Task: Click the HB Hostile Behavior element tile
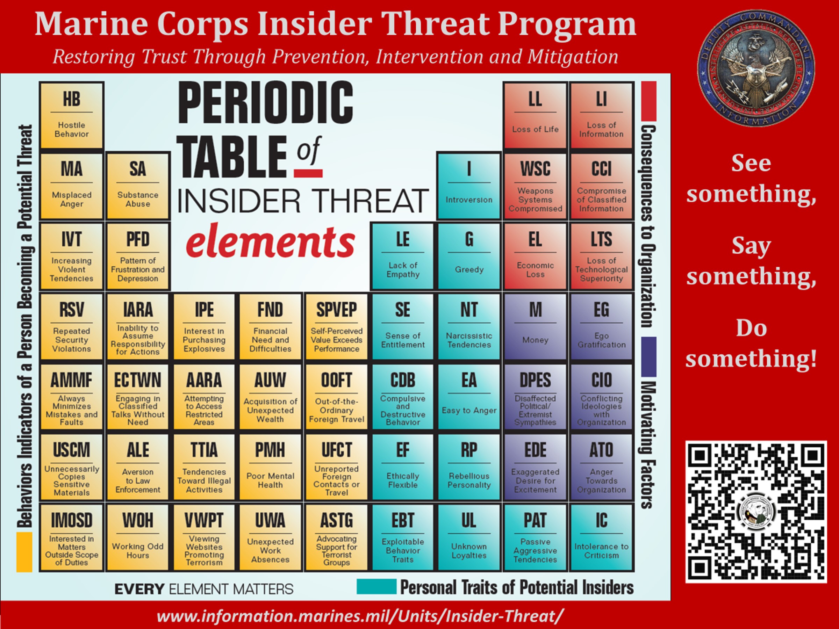[x=71, y=115]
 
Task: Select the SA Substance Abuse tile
[x=138, y=186]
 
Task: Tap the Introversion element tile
[x=469, y=186]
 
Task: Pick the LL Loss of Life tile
[x=535, y=115]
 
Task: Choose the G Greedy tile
[x=469, y=256]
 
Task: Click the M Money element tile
[x=535, y=326]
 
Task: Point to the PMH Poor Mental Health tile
[x=270, y=467]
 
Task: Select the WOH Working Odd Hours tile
[x=138, y=537]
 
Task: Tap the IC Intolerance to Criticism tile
[x=601, y=537]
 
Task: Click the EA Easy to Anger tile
[x=469, y=397]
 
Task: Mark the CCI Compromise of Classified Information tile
[x=601, y=186]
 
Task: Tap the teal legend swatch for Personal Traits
[x=376, y=586]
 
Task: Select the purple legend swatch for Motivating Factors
[x=648, y=357]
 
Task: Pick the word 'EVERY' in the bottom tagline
[x=139, y=589]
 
